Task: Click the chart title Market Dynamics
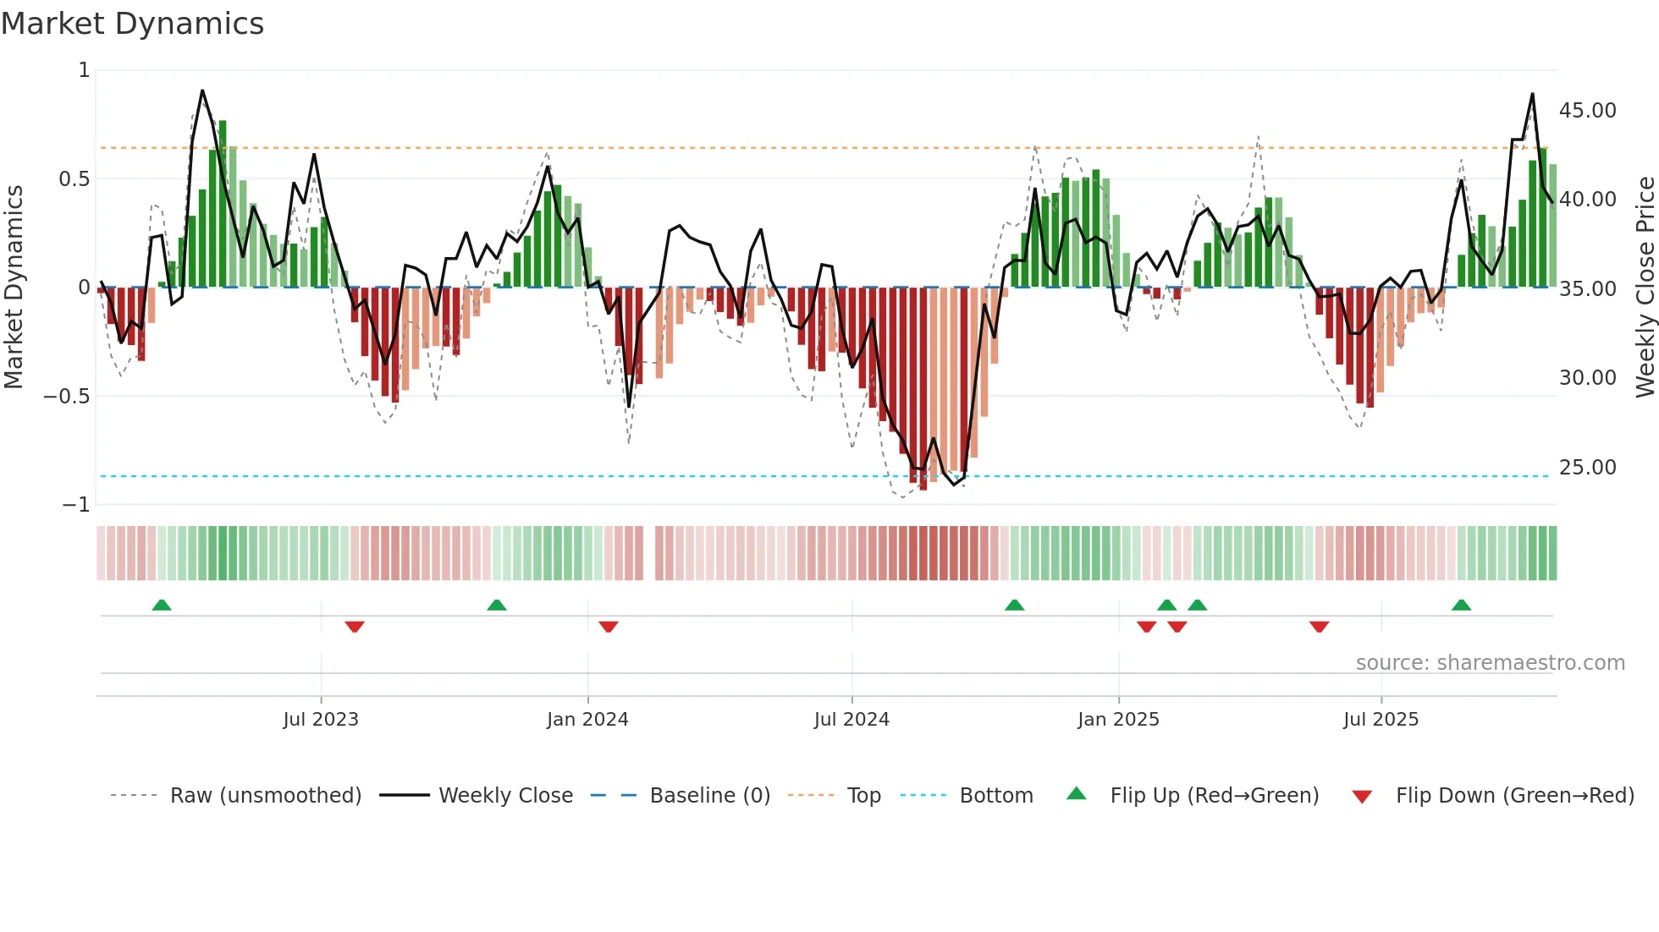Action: point(132,24)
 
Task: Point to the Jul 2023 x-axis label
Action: point(321,720)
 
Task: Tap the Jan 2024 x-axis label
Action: point(587,720)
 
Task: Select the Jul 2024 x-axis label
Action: point(852,720)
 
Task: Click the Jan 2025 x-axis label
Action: point(1118,720)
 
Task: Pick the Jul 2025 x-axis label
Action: point(1381,720)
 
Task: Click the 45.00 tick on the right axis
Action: point(1587,111)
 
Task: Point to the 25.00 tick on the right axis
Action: point(1587,468)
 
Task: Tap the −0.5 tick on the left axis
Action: point(67,397)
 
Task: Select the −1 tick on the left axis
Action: point(75,505)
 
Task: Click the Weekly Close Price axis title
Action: point(1645,288)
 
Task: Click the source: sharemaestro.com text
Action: point(1490,663)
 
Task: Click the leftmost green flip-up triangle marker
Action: point(162,605)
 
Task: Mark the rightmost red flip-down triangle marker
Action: point(1319,627)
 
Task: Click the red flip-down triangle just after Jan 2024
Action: point(609,627)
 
